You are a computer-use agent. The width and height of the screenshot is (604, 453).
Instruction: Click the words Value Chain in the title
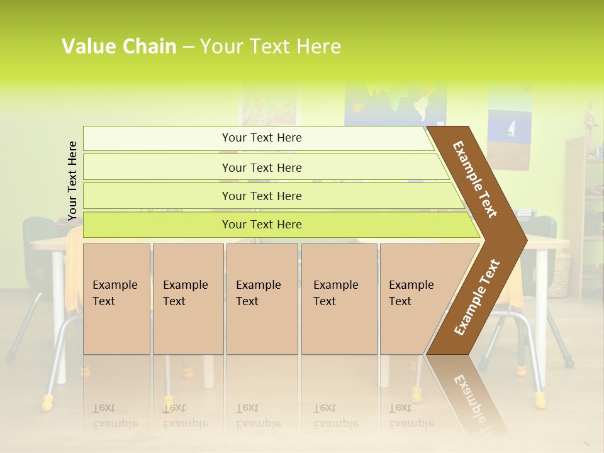119,47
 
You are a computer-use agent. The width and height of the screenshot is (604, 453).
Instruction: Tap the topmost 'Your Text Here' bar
261,138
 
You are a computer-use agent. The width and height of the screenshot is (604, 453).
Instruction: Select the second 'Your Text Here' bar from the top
261,167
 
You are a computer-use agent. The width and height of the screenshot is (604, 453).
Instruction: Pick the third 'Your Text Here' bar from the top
261,196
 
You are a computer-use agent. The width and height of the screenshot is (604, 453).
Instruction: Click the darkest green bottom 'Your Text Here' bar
261,225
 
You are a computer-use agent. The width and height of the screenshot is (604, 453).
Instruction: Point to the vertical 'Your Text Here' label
72,181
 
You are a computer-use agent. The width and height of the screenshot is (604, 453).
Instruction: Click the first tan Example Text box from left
116,298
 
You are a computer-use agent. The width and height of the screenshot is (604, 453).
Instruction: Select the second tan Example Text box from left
187,298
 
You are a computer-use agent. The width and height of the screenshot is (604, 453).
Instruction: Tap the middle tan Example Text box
262,298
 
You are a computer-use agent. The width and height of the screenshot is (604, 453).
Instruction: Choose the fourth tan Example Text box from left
338,298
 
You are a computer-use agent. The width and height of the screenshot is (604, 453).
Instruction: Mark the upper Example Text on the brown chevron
475,179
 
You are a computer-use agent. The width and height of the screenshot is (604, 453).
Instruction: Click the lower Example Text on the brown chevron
477,298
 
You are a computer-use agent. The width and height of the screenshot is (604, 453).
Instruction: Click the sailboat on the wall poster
511,129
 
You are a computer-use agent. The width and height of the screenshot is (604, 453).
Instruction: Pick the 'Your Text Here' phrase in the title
271,47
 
